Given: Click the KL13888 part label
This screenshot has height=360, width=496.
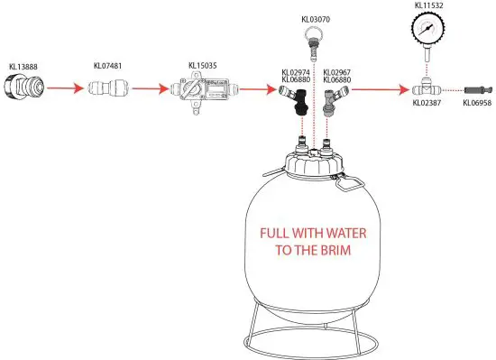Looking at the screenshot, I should tap(23, 66).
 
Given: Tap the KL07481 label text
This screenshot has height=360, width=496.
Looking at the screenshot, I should tap(109, 66).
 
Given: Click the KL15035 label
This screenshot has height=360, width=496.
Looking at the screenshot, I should tap(203, 66).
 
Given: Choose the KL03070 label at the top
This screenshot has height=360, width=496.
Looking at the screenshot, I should tap(313, 18).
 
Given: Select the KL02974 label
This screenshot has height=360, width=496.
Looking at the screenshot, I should tap(296, 72).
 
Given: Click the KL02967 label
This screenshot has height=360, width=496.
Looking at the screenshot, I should tap(336, 72).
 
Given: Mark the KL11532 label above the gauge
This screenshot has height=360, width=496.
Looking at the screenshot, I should tap(429, 5).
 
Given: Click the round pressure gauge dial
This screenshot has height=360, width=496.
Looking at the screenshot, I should tap(429, 33).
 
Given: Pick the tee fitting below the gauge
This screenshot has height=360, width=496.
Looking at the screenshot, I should tap(425, 90).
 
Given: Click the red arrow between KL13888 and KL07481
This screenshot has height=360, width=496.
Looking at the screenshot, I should tap(62, 89).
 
